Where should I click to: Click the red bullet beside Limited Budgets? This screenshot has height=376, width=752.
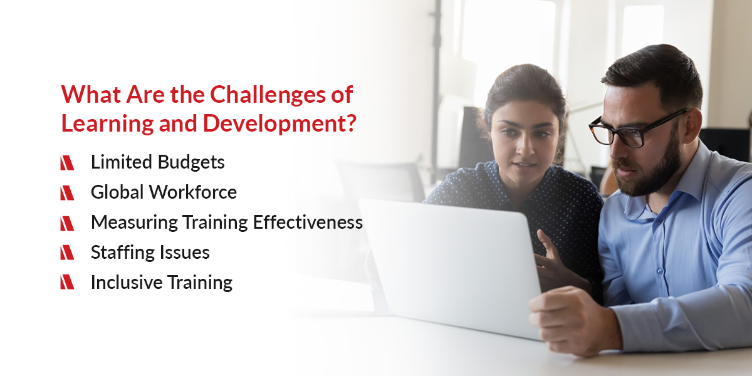pyautogui.click(x=67, y=163)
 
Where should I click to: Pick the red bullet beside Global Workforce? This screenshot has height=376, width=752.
pyautogui.click(x=67, y=193)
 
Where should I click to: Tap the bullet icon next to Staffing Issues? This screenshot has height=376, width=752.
pyautogui.click(x=67, y=253)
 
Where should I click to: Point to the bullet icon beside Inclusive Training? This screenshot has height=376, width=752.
pyautogui.click(x=67, y=282)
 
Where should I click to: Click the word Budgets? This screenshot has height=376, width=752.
pyautogui.click(x=191, y=162)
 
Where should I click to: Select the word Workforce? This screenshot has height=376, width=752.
pyautogui.click(x=193, y=192)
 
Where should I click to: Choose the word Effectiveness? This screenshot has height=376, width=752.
pyautogui.click(x=308, y=222)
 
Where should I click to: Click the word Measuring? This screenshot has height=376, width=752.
pyautogui.click(x=134, y=223)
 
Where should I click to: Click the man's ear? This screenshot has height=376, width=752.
pyautogui.click(x=692, y=126)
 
